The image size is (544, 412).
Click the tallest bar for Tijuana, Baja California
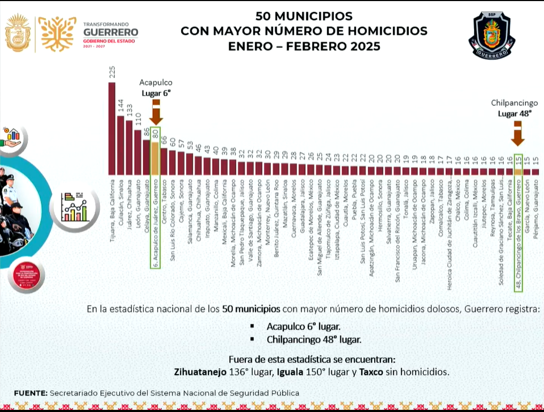[112, 129]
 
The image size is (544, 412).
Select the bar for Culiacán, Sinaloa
[120, 145]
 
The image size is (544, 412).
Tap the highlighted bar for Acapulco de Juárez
[155, 159]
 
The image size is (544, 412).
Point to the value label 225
[112, 72]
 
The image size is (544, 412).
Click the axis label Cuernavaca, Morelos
[293, 204]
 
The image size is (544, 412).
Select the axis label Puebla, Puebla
[354, 196]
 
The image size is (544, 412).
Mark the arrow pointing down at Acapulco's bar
[156, 113]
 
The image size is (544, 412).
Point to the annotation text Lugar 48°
[515, 113]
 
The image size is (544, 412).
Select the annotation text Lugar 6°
[156, 93]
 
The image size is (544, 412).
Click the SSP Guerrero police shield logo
[492, 36]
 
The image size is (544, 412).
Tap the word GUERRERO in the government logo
[111, 32]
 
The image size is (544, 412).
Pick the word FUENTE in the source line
[30, 393]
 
